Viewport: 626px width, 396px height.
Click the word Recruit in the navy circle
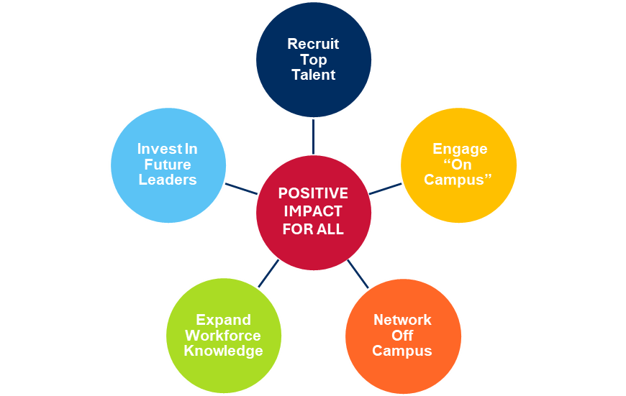pyautogui.click(x=313, y=44)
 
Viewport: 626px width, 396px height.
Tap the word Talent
pyautogui.click(x=313, y=75)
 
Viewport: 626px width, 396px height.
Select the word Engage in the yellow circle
pyautogui.click(x=459, y=149)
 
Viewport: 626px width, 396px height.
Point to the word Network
pyautogui.click(x=402, y=320)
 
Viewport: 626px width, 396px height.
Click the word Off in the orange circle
pyautogui.click(x=402, y=336)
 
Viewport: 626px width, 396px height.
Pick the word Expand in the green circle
pyautogui.click(x=223, y=320)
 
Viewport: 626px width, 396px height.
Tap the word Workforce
pyautogui.click(x=223, y=336)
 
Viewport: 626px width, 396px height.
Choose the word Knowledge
pyautogui.click(x=223, y=351)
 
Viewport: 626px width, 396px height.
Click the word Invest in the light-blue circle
pyautogui.click(x=157, y=149)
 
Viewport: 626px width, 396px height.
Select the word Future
pyautogui.click(x=167, y=165)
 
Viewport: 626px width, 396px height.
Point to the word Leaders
pyautogui.click(x=167, y=180)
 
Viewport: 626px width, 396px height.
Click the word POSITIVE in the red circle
pyautogui.click(x=313, y=194)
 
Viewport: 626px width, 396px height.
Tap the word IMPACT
pyautogui.click(x=313, y=212)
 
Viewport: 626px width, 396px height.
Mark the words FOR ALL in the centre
pyautogui.click(x=313, y=229)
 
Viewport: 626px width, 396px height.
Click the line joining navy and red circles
pyautogui.click(x=313, y=137)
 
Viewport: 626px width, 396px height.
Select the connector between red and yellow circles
pyautogui.click(x=386, y=188)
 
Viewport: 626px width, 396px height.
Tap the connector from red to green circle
pyautogui.click(x=268, y=274)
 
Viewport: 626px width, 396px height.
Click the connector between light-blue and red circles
pyautogui.click(x=240, y=188)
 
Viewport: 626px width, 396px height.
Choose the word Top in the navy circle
pyautogui.click(x=313, y=60)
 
